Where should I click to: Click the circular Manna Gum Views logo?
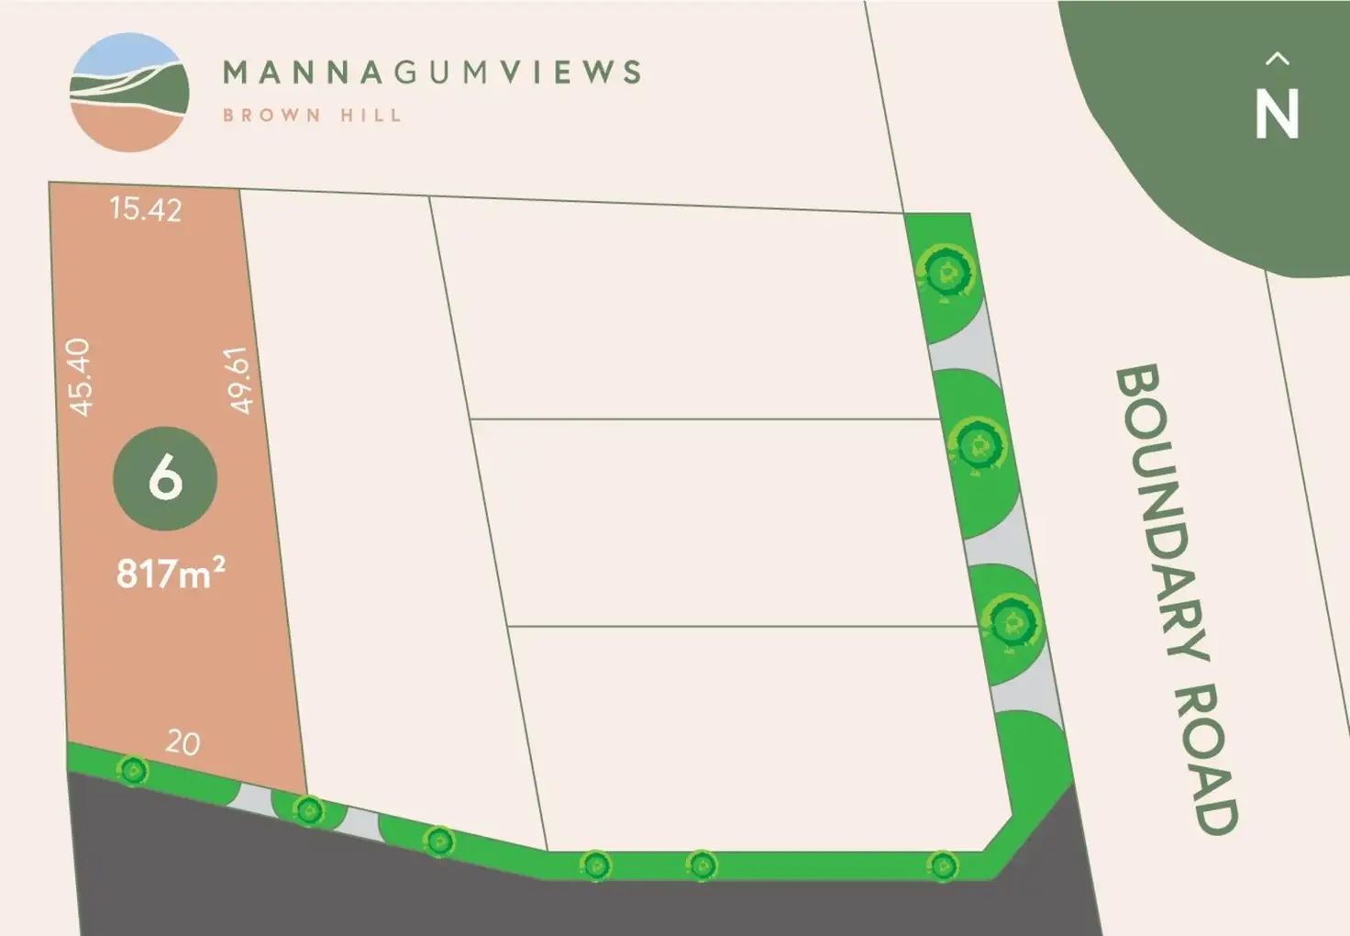click(x=129, y=92)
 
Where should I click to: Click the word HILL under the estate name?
click(x=371, y=116)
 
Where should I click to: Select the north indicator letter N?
click(x=1277, y=115)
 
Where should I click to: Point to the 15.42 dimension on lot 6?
click(x=145, y=209)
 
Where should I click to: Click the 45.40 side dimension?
click(x=81, y=377)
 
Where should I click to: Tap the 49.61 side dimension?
click(x=238, y=379)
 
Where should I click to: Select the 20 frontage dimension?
click(x=183, y=742)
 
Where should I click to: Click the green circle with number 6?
click(x=165, y=478)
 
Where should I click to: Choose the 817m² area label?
click(x=171, y=574)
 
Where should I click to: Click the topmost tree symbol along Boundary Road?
click(x=946, y=271)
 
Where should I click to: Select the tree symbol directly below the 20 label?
click(x=134, y=771)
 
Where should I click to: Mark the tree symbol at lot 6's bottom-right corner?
click(x=309, y=809)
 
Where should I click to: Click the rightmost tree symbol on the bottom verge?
click(x=942, y=864)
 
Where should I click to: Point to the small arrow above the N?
click(x=1277, y=60)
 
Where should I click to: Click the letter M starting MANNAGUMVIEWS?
click(x=237, y=72)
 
